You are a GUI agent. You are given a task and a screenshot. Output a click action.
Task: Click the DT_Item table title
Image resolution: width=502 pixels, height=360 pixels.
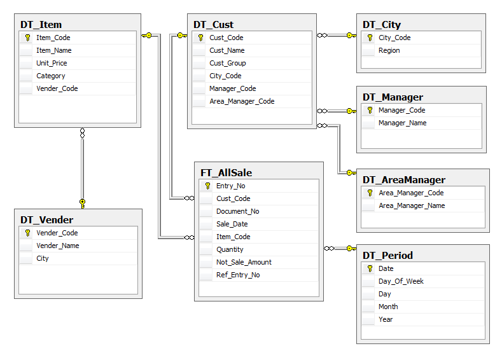click(41, 25)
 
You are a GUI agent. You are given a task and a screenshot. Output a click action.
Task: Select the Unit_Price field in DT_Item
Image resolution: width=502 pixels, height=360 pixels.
click(52, 63)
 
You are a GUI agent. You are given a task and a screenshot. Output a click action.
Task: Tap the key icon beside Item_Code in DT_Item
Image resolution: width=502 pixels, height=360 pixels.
click(27, 38)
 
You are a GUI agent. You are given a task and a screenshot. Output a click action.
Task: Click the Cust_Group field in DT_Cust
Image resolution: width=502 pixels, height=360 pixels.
click(228, 63)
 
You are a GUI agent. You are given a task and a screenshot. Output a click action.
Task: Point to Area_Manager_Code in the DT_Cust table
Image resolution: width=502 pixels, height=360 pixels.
click(242, 101)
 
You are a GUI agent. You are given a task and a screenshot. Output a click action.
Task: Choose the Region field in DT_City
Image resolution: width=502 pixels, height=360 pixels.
click(389, 50)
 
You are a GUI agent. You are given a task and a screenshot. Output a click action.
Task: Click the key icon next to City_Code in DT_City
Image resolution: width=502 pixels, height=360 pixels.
click(370, 38)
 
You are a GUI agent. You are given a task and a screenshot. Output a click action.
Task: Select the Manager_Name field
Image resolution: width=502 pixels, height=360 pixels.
click(403, 123)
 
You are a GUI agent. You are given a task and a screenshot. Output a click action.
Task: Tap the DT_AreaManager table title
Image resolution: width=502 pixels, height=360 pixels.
click(404, 180)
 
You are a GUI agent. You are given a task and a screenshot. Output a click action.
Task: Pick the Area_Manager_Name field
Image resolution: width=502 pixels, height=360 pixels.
click(412, 206)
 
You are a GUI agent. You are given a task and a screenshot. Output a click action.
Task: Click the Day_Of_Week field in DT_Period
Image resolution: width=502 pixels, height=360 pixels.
click(401, 281)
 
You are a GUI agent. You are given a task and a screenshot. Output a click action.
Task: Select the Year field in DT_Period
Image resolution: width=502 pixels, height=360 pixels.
click(386, 319)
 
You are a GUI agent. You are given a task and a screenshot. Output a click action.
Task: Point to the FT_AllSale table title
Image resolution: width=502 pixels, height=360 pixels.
click(227, 173)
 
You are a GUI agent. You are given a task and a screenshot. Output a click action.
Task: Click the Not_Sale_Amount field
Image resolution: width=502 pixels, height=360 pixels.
click(244, 263)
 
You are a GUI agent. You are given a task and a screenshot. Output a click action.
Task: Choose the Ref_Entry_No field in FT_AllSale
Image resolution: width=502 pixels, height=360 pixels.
click(238, 275)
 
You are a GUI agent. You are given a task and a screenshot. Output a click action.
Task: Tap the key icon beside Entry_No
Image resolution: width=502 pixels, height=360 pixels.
click(207, 186)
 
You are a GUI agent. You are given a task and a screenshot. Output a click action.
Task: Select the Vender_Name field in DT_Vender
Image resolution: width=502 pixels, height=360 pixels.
click(58, 246)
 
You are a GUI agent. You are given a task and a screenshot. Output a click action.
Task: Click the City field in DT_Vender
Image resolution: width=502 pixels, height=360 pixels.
click(42, 259)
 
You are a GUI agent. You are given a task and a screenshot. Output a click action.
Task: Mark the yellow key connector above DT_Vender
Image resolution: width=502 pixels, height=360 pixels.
click(83, 204)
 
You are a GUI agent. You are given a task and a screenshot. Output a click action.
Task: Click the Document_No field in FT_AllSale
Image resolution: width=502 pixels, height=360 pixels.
click(237, 212)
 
